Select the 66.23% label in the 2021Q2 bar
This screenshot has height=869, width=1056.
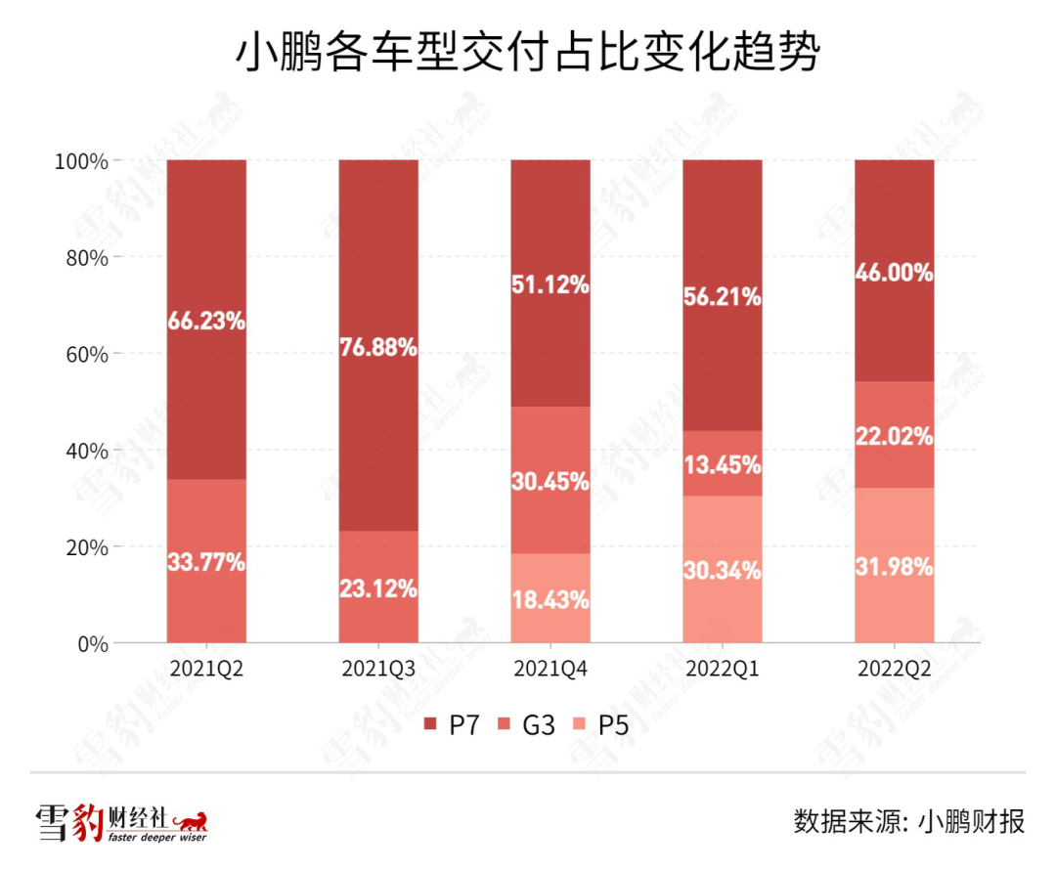point(206,320)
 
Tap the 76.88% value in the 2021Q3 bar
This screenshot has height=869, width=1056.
point(378,347)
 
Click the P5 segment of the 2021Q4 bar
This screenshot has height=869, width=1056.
point(550,599)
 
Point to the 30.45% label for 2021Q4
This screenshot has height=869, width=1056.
point(550,481)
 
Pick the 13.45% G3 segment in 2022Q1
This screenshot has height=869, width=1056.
point(723,464)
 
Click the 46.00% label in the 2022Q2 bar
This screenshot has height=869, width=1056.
point(894,274)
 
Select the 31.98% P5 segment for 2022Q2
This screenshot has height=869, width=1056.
point(894,566)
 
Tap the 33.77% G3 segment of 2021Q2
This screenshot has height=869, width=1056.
point(206,562)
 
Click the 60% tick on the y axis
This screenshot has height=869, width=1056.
point(85,354)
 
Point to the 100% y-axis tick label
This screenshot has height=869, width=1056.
point(80,160)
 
